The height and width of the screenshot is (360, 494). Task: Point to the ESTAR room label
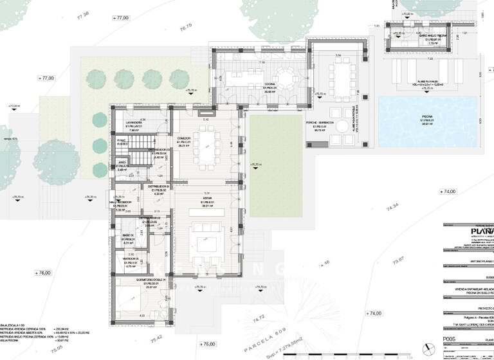pyautogui.click(x=206, y=201)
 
